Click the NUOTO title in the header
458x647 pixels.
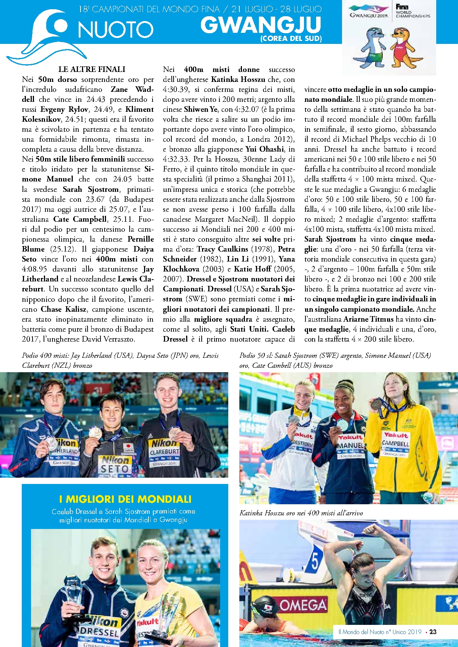click(116, 29)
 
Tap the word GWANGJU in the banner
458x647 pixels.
click(261, 25)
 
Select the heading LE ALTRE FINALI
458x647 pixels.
click(92, 69)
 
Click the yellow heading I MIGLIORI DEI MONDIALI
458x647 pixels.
click(125, 499)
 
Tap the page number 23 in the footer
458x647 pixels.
click(433, 632)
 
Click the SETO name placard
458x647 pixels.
click(115, 468)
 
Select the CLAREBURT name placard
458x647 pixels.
click(164, 451)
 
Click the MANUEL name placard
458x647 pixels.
click(350, 445)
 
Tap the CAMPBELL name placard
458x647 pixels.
click(395, 443)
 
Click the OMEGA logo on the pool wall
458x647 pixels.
click(303, 605)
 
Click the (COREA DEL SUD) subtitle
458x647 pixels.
click(291, 39)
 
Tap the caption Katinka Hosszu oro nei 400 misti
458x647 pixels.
click(301, 513)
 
